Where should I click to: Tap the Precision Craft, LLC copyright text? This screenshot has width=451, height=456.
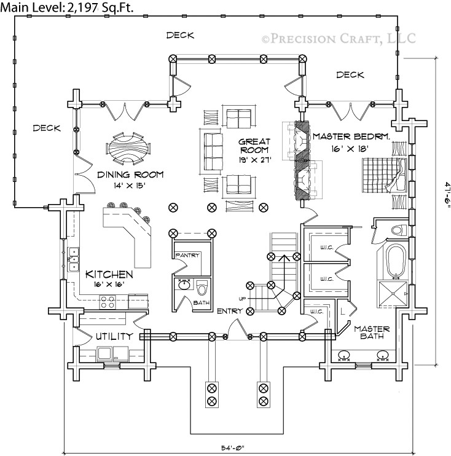coord(339,39)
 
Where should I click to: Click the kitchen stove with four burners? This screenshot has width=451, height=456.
coord(108,301)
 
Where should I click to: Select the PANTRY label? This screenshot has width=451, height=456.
coord(187,255)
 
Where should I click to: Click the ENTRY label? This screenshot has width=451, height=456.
coord(229,311)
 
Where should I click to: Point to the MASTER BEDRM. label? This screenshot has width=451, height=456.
coord(351,136)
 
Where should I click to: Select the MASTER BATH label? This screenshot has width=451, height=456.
coord(372,332)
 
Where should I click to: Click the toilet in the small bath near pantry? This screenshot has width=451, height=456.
coord(203,287)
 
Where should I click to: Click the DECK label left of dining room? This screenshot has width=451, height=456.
coord(47,128)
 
